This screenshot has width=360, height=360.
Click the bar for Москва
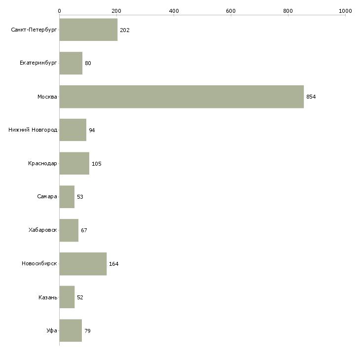click(x=181, y=97)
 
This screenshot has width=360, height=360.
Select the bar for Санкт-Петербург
click(x=88, y=30)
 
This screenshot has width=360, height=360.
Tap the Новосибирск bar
click(x=83, y=264)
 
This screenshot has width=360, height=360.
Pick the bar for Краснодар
click(x=74, y=163)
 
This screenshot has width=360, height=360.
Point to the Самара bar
click(x=67, y=197)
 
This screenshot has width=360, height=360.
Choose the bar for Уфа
click(x=71, y=330)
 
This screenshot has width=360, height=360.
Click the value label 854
click(x=311, y=97)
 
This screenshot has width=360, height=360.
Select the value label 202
click(x=125, y=30)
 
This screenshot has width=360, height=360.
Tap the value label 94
click(x=92, y=130)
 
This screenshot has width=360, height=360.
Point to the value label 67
click(x=84, y=230)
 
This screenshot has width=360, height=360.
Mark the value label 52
click(x=80, y=297)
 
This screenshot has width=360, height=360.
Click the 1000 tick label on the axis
click(x=345, y=11)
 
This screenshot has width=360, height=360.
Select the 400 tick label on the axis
click(x=174, y=11)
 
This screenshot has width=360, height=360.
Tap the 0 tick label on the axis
click(x=60, y=11)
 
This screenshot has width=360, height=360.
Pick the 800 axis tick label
click(x=288, y=11)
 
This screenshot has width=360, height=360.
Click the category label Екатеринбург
click(x=38, y=63)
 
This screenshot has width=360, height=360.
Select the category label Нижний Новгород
click(x=33, y=130)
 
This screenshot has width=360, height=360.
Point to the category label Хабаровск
click(x=43, y=230)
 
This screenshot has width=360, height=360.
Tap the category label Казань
click(x=48, y=297)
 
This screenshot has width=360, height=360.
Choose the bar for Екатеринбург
click(x=71, y=63)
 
